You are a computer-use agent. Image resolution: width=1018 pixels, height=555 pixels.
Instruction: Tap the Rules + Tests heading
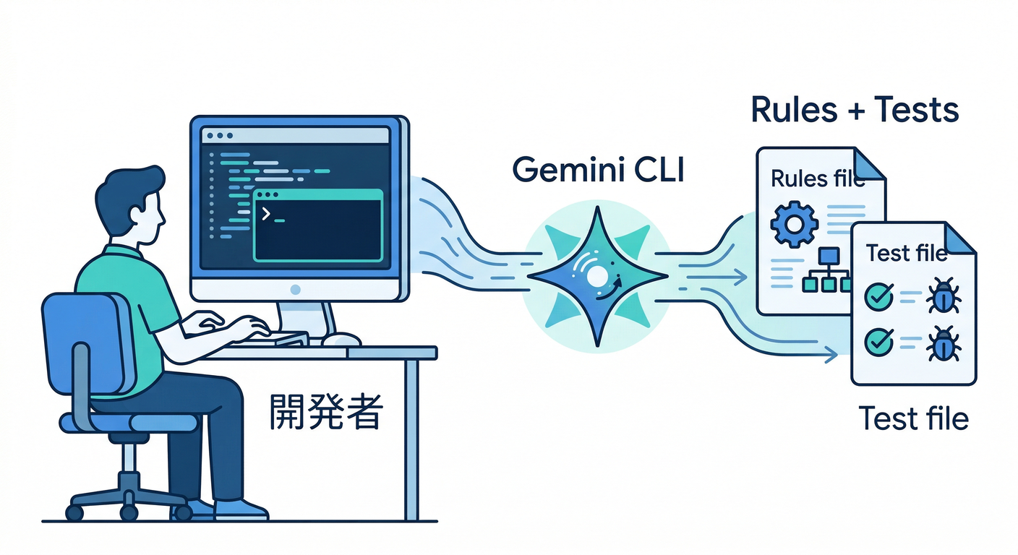click(x=855, y=110)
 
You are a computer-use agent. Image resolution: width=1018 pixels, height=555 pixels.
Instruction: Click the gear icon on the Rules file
click(x=794, y=225)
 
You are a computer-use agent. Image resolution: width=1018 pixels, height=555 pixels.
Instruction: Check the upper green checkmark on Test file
click(x=879, y=296)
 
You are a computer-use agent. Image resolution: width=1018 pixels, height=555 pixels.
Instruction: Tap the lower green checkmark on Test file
click(x=879, y=340)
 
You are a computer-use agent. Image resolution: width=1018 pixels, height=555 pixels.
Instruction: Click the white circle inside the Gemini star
click(x=597, y=275)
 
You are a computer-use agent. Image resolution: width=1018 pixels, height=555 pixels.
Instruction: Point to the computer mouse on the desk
click(x=341, y=339)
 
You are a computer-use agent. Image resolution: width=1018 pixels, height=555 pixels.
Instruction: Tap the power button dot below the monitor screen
click(x=295, y=289)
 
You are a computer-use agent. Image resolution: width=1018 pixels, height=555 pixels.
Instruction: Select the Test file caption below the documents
click(x=913, y=418)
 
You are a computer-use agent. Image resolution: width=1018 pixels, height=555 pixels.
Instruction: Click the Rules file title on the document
click(x=817, y=178)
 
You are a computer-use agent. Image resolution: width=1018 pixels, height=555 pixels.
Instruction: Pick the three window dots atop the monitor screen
click(x=218, y=135)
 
